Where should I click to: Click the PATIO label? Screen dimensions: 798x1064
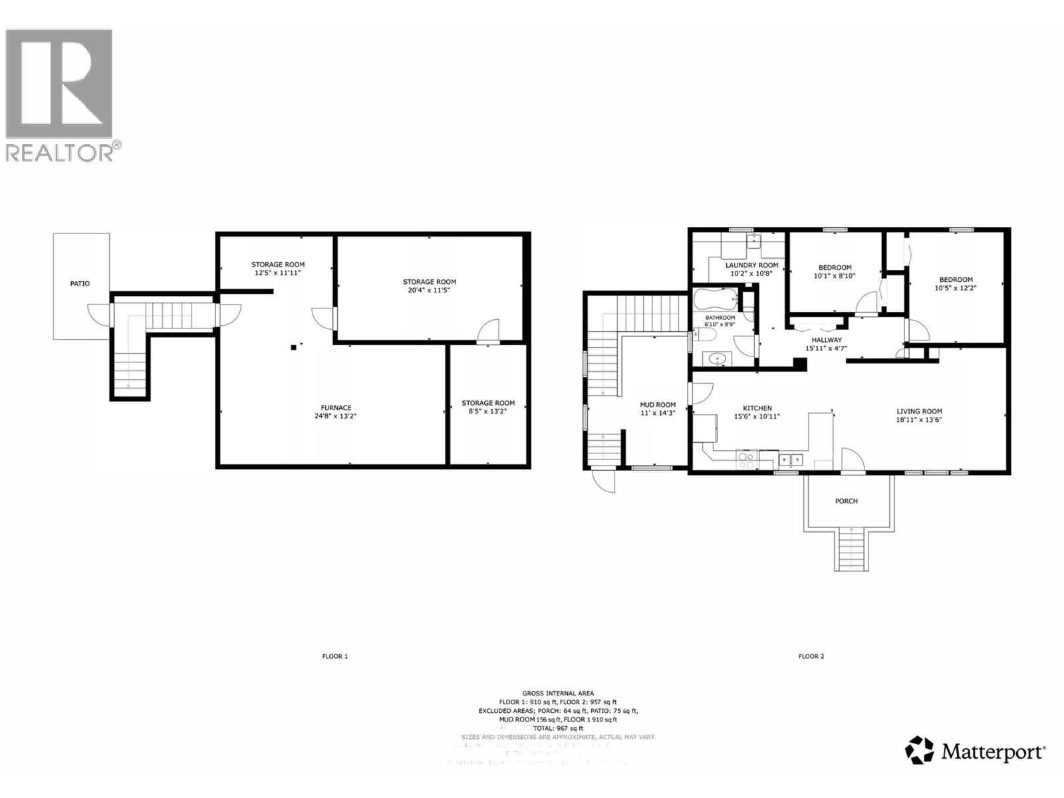tap(80, 284)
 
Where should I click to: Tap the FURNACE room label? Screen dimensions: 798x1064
tap(336, 408)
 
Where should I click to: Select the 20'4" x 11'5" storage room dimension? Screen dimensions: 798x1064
tap(430, 291)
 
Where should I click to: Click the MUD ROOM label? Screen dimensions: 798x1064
tap(657, 404)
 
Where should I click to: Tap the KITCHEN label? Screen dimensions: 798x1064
tap(757, 408)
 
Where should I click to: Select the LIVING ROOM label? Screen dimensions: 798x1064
tap(919, 411)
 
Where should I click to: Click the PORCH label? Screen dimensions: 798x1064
tap(846, 501)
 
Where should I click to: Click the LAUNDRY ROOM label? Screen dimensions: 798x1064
tap(751, 265)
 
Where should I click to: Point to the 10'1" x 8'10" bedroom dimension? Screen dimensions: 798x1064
tap(834, 276)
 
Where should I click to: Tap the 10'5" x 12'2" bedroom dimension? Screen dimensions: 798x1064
tap(956, 288)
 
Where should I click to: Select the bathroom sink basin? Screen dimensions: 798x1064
tap(716, 359)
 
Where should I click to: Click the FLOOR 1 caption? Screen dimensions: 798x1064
tap(335, 656)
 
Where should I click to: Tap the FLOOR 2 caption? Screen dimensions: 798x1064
tap(811, 656)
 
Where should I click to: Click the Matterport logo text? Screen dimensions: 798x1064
tap(994, 752)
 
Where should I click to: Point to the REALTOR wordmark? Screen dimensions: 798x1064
tap(60, 152)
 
